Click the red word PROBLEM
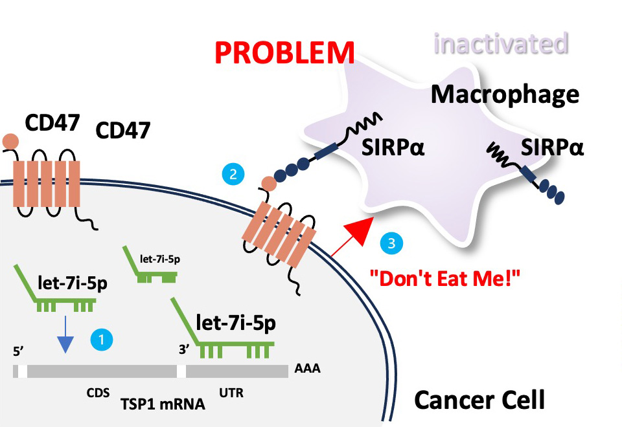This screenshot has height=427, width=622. [x=284, y=52]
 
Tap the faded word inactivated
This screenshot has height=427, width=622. [x=501, y=44]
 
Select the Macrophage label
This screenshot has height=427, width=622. [x=505, y=94]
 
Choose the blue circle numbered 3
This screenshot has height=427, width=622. [x=392, y=244]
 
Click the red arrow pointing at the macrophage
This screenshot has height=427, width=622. [x=354, y=235]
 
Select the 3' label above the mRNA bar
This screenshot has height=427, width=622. [x=184, y=350]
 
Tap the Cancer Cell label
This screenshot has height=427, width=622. [x=479, y=400]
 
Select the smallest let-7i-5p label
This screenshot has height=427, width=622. [x=159, y=259]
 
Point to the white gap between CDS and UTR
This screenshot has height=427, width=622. [x=181, y=371]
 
